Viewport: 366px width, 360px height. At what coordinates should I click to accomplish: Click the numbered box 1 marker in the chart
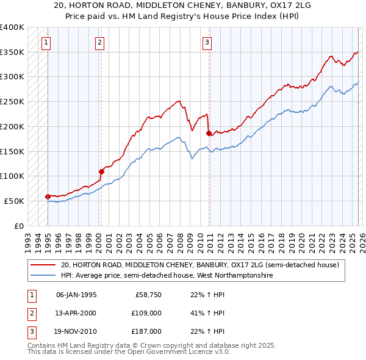click(x=47, y=42)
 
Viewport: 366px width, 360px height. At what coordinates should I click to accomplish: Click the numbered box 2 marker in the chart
click(x=100, y=42)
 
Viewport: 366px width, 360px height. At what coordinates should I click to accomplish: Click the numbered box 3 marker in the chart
click(x=207, y=42)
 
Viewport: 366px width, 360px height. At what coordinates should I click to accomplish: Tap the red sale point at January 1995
click(x=48, y=196)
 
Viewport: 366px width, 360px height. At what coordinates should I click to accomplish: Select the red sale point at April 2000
click(x=101, y=171)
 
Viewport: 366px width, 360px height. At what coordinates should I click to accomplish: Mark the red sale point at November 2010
click(x=209, y=132)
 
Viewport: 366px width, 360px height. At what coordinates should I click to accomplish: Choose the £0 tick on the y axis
click(x=20, y=226)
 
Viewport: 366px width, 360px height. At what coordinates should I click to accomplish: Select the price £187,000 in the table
click(x=147, y=331)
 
